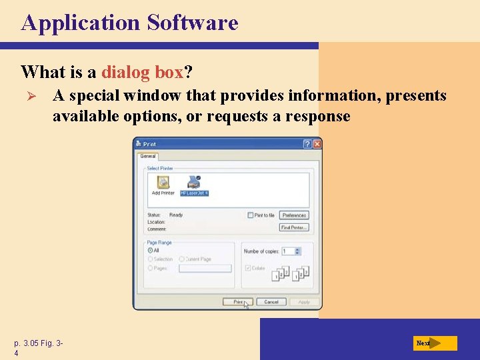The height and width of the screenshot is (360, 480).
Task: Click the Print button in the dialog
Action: pos(238,302)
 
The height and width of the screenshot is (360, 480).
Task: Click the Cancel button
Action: pos(271,302)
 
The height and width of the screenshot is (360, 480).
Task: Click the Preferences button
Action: pos(293,215)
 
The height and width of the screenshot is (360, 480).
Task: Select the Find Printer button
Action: pos(293,227)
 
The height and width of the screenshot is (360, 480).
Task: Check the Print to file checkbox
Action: pos(250,215)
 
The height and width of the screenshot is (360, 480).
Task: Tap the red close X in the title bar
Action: pos(317,144)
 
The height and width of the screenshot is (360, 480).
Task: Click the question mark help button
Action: pos(307,144)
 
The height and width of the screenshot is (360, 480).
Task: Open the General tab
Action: pos(147,156)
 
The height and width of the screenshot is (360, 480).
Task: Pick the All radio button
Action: pos(150,250)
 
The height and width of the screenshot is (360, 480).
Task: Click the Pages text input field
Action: pos(205,268)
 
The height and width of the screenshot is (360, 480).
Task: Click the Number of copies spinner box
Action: pos(291,251)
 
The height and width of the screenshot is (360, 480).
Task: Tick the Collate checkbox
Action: pos(248,268)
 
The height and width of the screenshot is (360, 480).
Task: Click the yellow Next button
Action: pos(435,343)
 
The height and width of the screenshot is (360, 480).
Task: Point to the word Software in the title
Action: pos(192,23)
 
